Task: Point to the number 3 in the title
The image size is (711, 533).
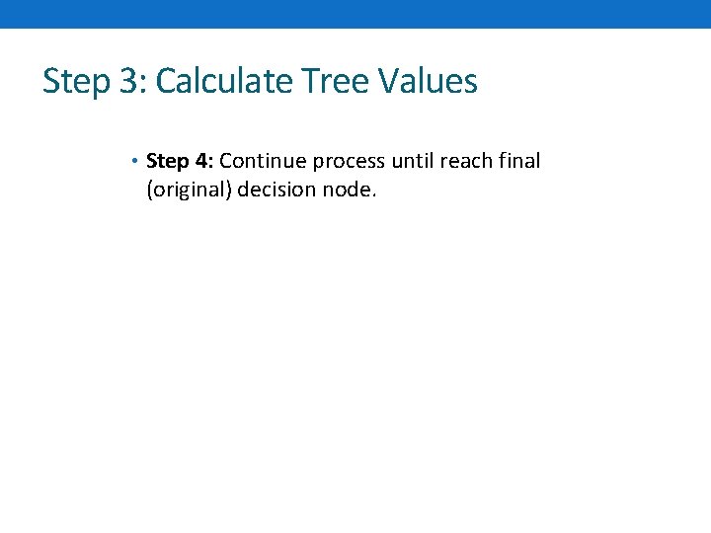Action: click(x=128, y=81)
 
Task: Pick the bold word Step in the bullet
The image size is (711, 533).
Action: click(x=167, y=162)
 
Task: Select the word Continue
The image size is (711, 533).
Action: click(x=263, y=161)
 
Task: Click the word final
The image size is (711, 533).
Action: click(x=523, y=161)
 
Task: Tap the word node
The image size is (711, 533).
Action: click(x=346, y=189)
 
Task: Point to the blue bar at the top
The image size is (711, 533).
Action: click(x=355, y=14)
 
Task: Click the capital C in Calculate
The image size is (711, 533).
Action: click(x=166, y=81)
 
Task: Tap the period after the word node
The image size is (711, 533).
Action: click(x=374, y=194)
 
